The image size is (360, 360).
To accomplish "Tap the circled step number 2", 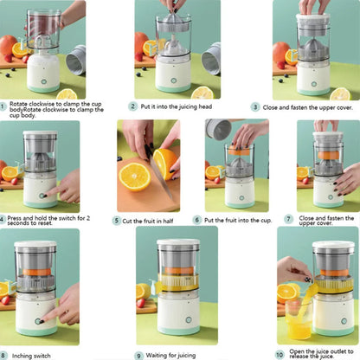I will coord(132,106).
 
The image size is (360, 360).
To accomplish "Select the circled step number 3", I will coord(255,106).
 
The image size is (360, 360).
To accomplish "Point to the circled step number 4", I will coord(3,220).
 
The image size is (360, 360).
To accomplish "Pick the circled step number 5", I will coord(115,220).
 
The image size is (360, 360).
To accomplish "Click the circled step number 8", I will coord(4,354).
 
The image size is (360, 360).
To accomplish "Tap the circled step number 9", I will coord(138,354).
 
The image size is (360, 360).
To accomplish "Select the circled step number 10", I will coord(279,354).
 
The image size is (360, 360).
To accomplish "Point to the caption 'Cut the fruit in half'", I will coord(148,220).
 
